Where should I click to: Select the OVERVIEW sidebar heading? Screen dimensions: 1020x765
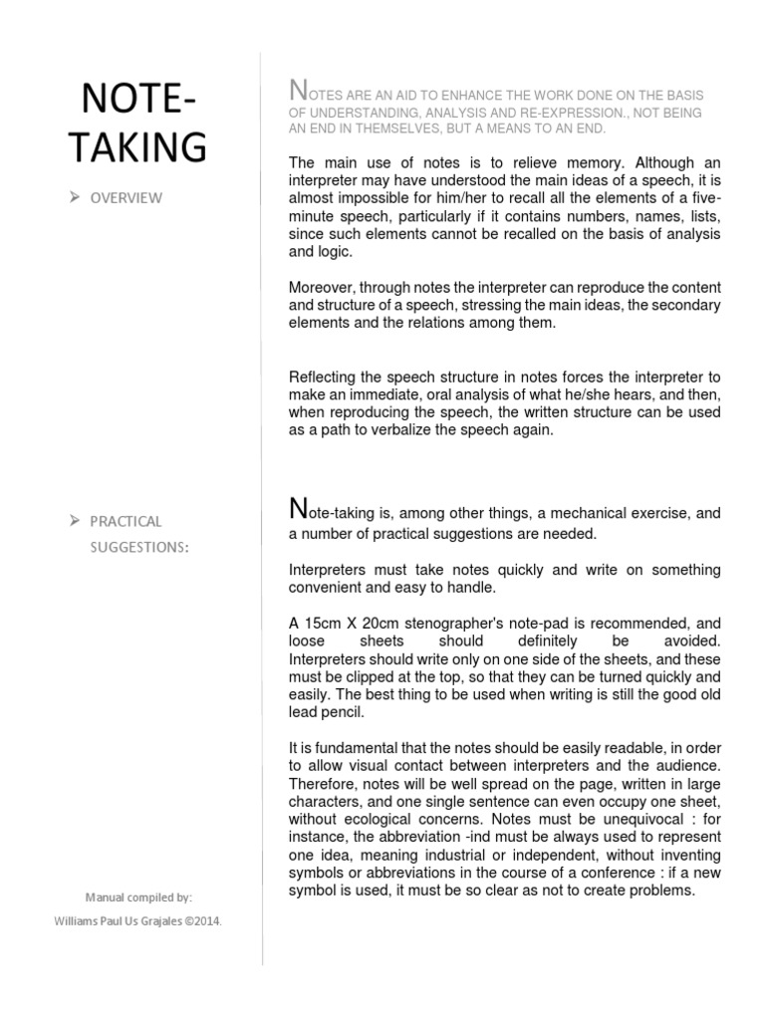pyautogui.click(x=126, y=197)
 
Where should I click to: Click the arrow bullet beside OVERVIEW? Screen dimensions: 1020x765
pyautogui.click(x=77, y=197)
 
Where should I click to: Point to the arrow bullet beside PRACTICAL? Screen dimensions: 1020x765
pyautogui.click(x=77, y=520)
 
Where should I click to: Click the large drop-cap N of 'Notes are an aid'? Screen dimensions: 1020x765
pyautogui.click(x=297, y=90)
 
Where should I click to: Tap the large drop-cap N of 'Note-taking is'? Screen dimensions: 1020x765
pyautogui.click(x=297, y=511)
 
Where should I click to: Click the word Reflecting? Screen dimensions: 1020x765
pyautogui.click(x=326, y=377)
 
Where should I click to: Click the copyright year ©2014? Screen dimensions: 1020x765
pyautogui.click(x=199, y=920)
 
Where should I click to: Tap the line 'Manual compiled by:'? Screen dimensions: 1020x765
pyautogui.click(x=138, y=896)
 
